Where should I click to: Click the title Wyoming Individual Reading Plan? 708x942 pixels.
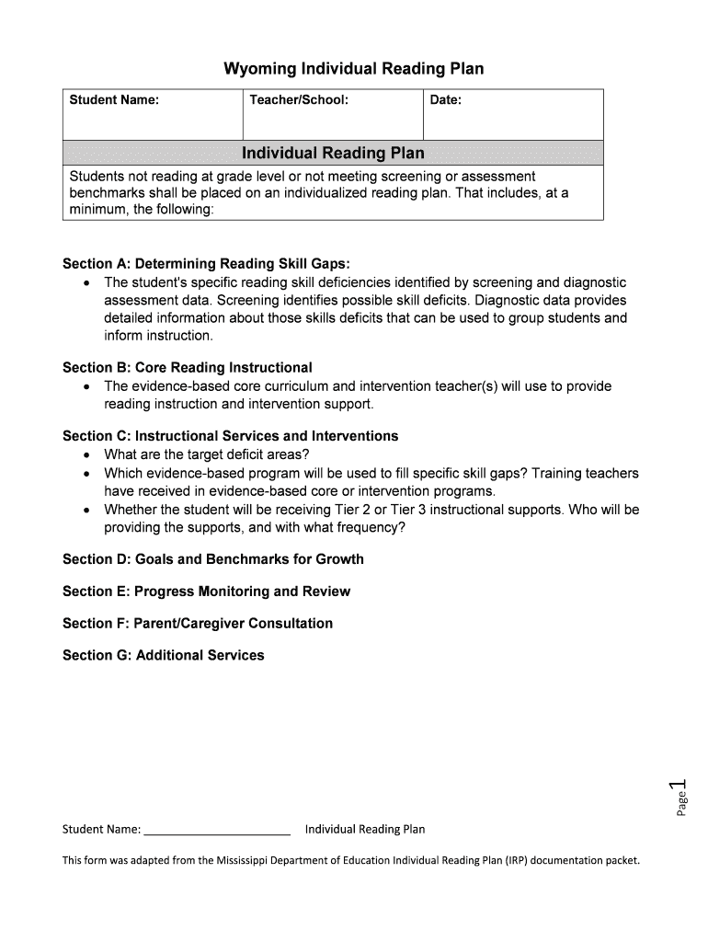click(354, 69)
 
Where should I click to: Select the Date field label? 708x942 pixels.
click(446, 99)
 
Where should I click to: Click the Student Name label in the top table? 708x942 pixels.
click(114, 99)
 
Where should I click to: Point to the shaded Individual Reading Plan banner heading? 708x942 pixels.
click(333, 153)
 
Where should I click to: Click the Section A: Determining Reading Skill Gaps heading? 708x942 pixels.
click(206, 264)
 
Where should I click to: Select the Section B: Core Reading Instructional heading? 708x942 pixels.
click(188, 367)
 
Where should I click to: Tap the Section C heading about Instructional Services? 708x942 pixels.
click(230, 436)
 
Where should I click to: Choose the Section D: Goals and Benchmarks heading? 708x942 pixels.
click(213, 559)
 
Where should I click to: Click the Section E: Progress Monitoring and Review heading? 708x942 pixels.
click(206, 592)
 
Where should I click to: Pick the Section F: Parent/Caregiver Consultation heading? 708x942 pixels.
click(198, 624)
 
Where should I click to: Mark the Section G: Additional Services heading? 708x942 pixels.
click(163, 656)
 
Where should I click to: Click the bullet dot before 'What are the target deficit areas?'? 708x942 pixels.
click(86, 455)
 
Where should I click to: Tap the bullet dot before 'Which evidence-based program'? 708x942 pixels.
click(86, 474)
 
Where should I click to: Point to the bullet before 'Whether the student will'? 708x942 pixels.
click(86, 510)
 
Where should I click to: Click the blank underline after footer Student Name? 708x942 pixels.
click(217, 831)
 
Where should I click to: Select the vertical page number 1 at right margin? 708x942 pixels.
click(679, 787)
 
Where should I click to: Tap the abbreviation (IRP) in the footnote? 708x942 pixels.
click(515, 861)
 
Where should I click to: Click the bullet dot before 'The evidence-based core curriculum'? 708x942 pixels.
click(86, 387)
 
